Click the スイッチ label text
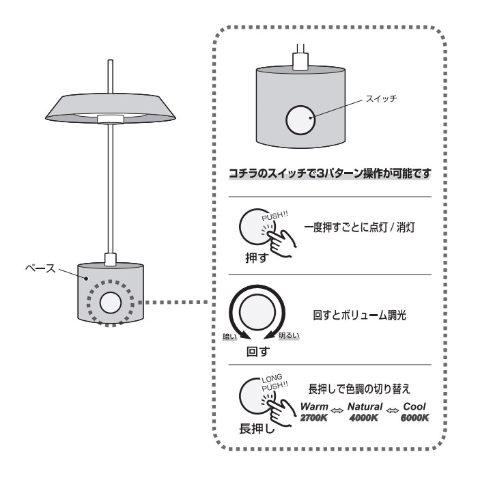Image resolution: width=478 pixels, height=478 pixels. [385, 98]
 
